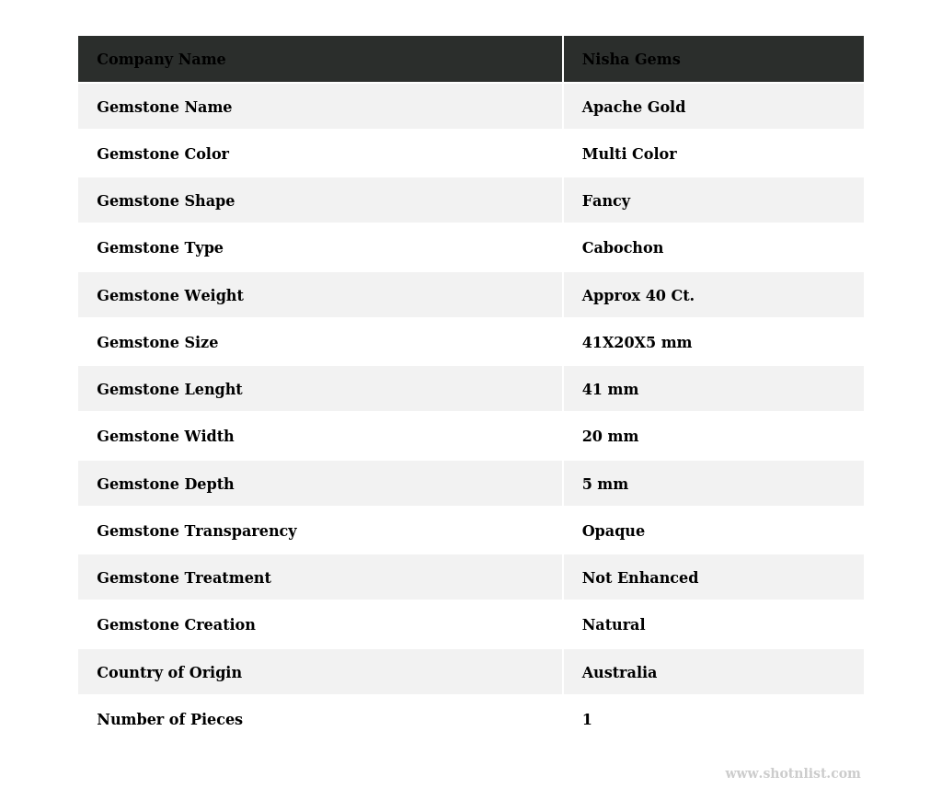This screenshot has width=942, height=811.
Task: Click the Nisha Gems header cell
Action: (631, 60)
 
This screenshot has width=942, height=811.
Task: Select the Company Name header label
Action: (161, 60)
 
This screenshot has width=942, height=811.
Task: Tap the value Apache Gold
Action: (633, 108)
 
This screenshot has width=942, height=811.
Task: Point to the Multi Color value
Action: (629, 154)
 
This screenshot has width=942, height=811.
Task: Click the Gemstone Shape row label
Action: (166, 201)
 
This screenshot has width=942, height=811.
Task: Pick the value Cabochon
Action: (622, 248)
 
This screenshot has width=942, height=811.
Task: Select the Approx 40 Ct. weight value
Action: (638, 296)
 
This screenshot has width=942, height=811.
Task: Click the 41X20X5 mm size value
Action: (637, 343)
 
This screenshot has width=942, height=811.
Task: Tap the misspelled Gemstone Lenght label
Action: (169, 390)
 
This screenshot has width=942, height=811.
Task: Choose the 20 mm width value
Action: (610, 437)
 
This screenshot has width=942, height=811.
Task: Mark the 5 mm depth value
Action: (604, 485)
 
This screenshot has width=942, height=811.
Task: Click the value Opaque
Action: (613, 531)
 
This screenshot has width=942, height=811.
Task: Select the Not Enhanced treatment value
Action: (639, 578)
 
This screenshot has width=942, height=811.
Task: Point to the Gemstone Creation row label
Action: (176, 625)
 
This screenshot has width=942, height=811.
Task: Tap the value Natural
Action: (613, 625)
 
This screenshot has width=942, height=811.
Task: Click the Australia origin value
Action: (619, 673)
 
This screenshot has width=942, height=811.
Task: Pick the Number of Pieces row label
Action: (169, 720)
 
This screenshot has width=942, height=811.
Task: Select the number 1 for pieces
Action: (587, 720)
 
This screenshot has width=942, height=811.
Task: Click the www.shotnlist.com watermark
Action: (792, 774)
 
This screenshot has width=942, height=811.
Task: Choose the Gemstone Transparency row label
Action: (196, 531)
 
